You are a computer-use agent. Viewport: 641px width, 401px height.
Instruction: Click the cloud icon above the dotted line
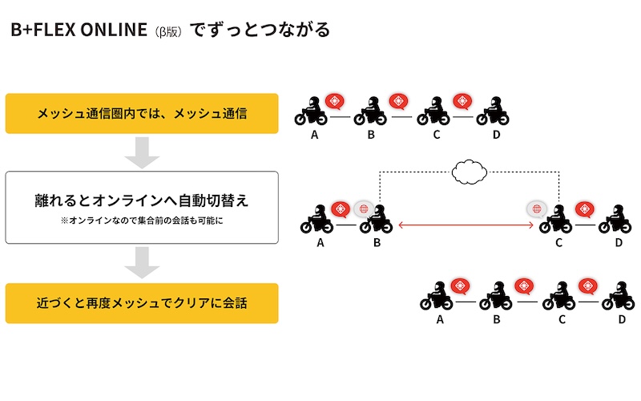click(x=470, y=172)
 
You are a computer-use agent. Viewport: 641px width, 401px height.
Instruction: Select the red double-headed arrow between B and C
click(x=466, y=225)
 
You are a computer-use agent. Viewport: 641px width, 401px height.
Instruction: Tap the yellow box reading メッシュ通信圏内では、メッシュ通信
click(x=142, y=113)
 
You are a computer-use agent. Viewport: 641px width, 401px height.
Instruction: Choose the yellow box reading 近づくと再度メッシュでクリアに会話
click(x=142, y=303)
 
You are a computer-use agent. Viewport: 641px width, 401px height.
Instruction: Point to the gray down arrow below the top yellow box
click(x=142, y=152)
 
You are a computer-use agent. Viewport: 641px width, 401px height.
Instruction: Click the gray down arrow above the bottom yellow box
click(x=142, y=263)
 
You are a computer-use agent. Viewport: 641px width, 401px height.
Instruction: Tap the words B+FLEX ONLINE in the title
click(x=79, y=30)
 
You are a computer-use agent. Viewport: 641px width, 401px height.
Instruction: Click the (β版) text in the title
click(x=168, y=32)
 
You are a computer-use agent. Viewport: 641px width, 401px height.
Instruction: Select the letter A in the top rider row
click(x=314, y=135)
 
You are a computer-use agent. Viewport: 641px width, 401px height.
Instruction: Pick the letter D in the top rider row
click(x=496, y=135)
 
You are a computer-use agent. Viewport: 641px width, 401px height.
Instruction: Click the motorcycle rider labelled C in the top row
click(x=433, y=111)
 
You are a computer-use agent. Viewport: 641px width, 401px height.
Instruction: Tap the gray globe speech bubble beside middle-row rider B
click(x=363, y=209)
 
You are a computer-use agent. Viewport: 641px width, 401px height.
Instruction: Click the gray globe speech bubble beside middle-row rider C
click(x=537, y=209)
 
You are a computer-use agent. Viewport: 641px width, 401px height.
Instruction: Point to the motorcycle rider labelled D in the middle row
click(x=615, y=219)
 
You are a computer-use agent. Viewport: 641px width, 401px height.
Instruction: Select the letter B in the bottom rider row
click(x=497, y=319)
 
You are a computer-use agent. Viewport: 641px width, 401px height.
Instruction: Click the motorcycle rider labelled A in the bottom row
click(x=436, y=295)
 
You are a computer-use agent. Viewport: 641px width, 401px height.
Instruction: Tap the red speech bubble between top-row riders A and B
click(x=335, y=101)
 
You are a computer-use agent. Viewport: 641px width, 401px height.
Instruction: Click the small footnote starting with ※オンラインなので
click(x=142, y=221)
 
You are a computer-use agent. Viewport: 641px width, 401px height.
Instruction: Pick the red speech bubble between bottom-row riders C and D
click(x=588, y=286)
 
